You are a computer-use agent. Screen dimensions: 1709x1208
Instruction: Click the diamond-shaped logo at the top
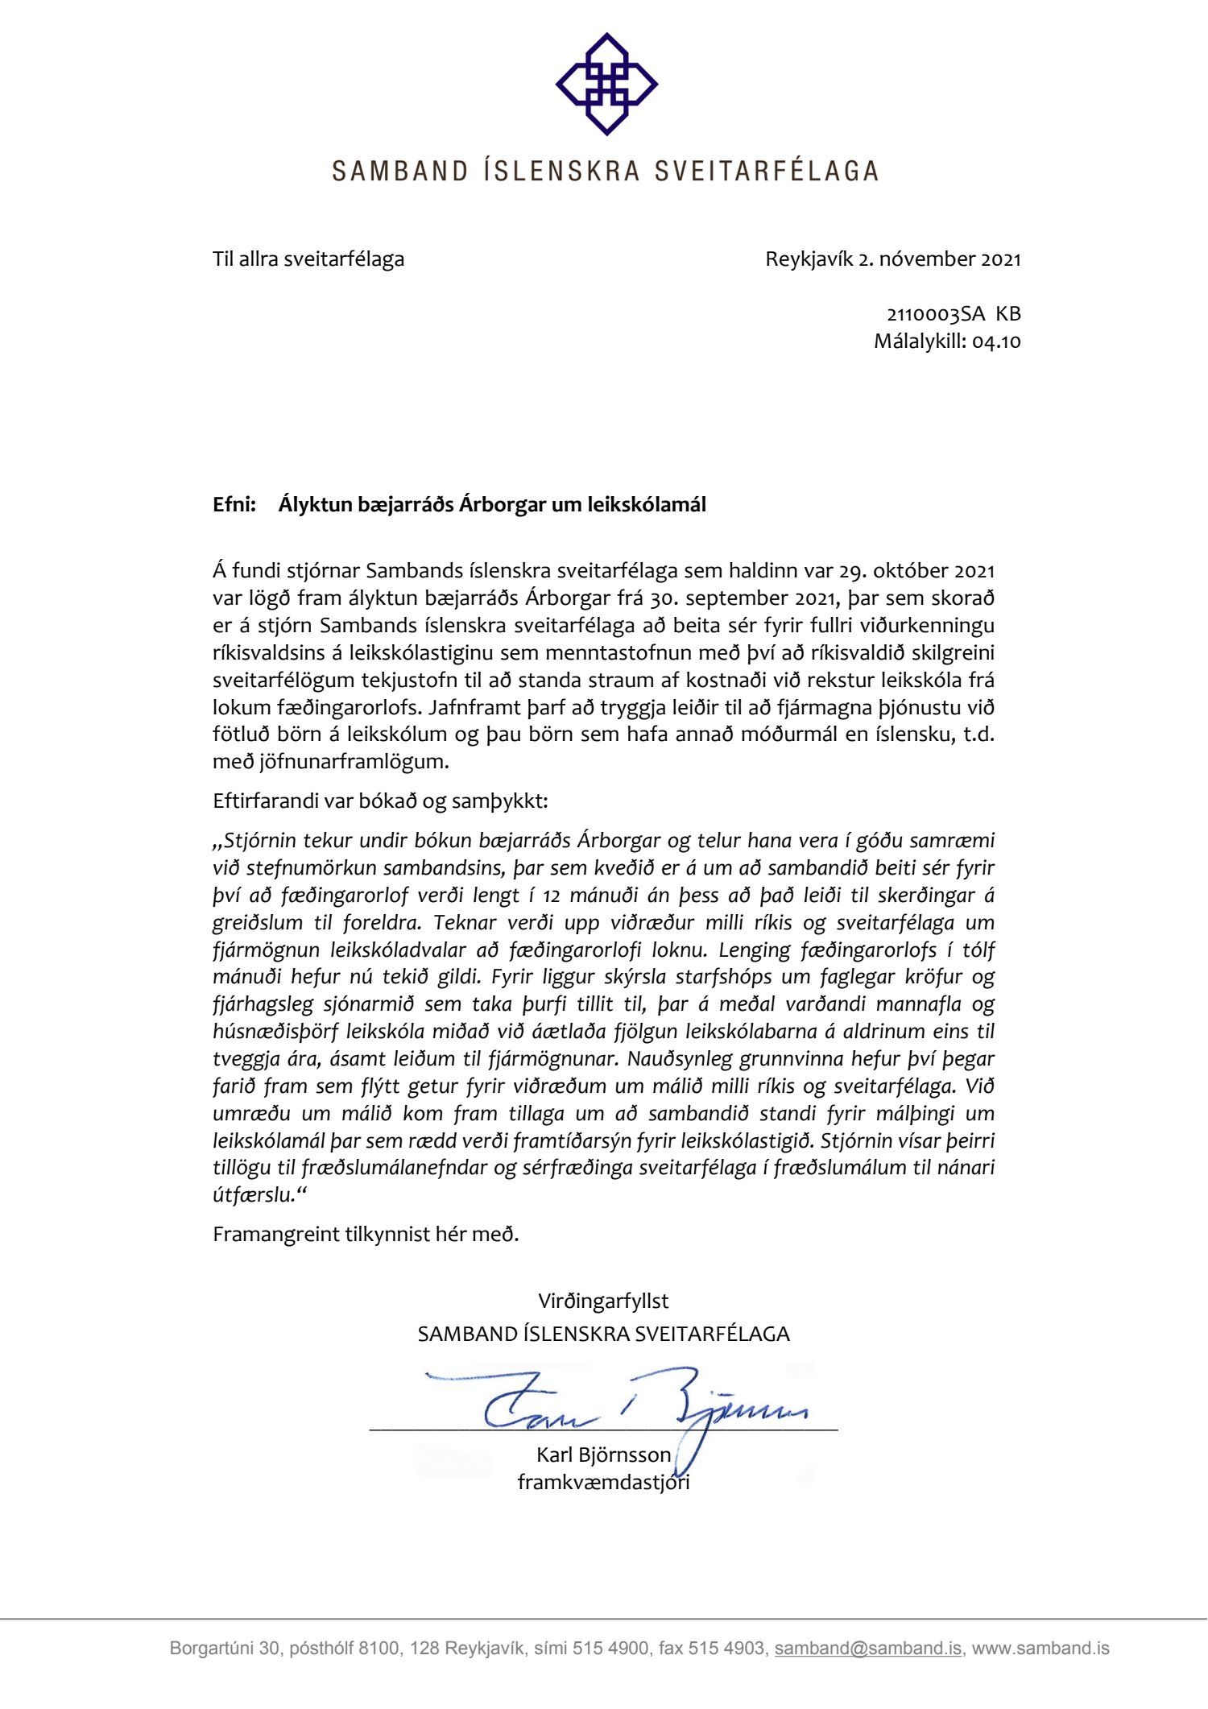pyautogui.click(x=606, y=84)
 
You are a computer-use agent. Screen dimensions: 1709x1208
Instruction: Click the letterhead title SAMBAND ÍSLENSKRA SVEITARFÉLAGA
pyautogui.click(x=605, y=171)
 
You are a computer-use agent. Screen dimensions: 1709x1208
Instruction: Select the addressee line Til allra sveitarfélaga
pyautogui.click(x=308, y=259)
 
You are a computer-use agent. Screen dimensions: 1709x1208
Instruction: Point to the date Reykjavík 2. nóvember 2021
pyautogui.click(x=892, y=259)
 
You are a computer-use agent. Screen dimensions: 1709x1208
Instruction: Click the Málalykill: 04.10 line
pyautogui.click(x=947, y=341)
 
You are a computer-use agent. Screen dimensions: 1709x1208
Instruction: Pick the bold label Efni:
pyautogui.click(x=234, y=505)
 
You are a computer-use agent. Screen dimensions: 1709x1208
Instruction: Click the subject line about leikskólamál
pyautogui.click(x=492, y=505)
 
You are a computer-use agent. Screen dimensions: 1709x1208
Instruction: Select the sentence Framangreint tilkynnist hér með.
pyautogui.click(x=366, y=1235)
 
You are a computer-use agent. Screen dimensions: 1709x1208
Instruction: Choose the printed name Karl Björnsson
pyautogui.click(x=603, y=1455)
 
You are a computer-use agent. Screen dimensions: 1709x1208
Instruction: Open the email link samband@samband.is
pyautogui.click(x=867, y=1649)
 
